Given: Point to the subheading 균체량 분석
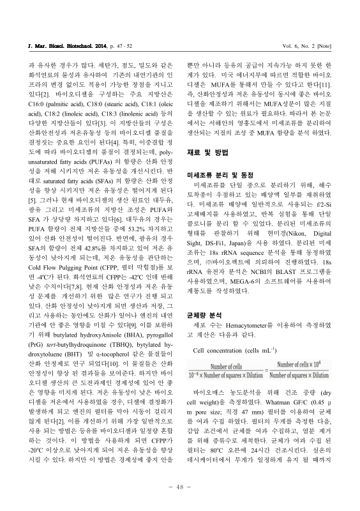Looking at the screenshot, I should pyautogui.click(x=202, y=315).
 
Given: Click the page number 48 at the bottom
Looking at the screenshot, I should pyautogui.click(x=180, y=488).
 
